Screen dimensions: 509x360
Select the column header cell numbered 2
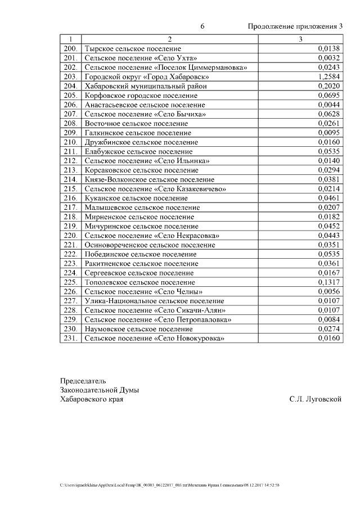[169, 39]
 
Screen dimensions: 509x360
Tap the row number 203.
[70, 76]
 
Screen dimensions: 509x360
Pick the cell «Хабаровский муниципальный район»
[145, 86]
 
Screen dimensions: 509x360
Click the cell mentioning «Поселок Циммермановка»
[166, 67]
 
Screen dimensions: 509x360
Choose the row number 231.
[70, 339]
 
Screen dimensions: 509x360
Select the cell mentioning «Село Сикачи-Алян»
[155, 310]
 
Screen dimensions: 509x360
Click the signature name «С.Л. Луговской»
[316, 399]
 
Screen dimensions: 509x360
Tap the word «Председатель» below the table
[83, 381]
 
